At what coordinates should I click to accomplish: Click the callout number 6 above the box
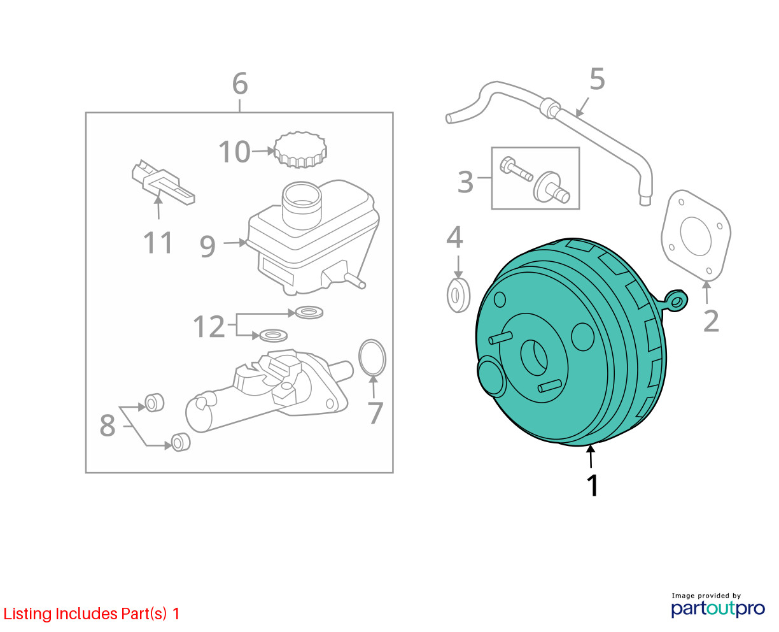(240, 83)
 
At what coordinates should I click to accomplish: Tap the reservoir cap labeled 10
(300, 150)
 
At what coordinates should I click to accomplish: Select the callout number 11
(158, 242)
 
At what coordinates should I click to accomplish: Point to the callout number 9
(207, 247)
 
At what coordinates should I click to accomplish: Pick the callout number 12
(209, 326)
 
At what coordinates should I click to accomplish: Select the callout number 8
(108, 426)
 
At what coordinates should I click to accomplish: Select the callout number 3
(466, 182)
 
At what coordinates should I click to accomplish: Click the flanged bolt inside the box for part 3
(516, 169)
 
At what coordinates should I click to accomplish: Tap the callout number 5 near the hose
(597, 79)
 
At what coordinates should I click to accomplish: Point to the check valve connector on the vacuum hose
(550, 108)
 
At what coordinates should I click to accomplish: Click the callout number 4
(454, 236)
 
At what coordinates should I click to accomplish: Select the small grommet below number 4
(458, 295)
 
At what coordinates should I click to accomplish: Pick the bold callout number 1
(593, 485)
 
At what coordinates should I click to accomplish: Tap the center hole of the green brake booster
(534, 357)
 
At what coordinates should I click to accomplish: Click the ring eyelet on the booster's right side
(677, 301)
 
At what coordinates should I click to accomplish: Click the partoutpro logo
(718, 608)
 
